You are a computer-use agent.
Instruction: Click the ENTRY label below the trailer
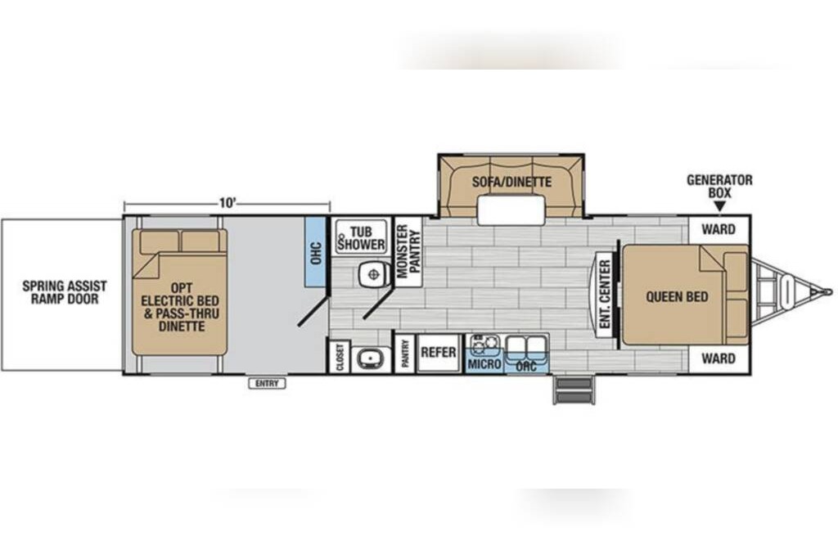click(x=268, y=383)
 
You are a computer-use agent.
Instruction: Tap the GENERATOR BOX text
click(x=719, y=187)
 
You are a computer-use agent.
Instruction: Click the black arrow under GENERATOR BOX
click(x=720, y=206)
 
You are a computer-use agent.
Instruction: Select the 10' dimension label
click(x=228, y=203)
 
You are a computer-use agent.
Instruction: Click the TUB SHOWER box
click(x=361, y=237)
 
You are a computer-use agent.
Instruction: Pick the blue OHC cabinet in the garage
click(x=315, y=252)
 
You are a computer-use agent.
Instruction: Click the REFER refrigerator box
click(x=439, y=352)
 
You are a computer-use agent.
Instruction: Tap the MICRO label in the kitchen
click(x=484, y=364)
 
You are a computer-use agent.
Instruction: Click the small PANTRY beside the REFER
click(x=404, y=353)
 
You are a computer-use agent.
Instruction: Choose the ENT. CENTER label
click(x=605, y=295)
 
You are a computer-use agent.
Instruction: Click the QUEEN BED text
click(x=677, y=296)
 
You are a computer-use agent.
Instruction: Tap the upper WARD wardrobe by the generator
click(x=719, y=230)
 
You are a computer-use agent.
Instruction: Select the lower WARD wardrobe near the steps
click(x=719, y=358)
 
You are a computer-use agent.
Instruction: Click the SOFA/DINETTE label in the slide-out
click(x=511, y=183)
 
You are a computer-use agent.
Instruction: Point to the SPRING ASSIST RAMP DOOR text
click(x=65, y=292)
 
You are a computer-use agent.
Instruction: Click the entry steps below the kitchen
click(x=574, y=390)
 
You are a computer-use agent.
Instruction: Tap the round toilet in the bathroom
click(x=372, y=275)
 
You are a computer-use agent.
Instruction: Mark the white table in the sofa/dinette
click(x=511, y=210)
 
